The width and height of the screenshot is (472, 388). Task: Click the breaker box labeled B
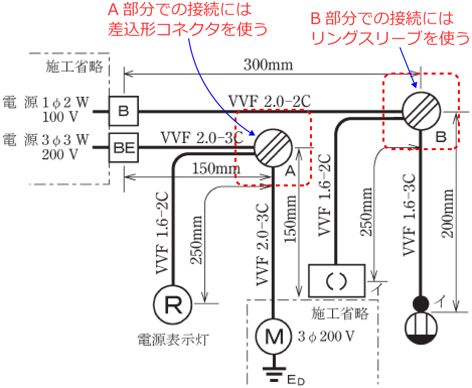[123, 111]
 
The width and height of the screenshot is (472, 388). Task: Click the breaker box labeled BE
[123, 148]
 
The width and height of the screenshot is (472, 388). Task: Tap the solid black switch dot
[421, 303]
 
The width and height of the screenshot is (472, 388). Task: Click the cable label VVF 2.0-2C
[269, 102]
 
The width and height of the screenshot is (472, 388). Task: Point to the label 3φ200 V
[326, 336]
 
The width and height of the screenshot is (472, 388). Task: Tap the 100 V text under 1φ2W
[66, 118]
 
